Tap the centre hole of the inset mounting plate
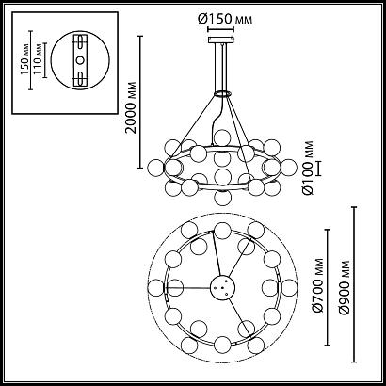(x=79, y=61)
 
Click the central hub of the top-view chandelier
(x=223, y=289)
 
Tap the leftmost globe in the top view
(x=162, y=289)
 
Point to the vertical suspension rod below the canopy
(x=223, y=66)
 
